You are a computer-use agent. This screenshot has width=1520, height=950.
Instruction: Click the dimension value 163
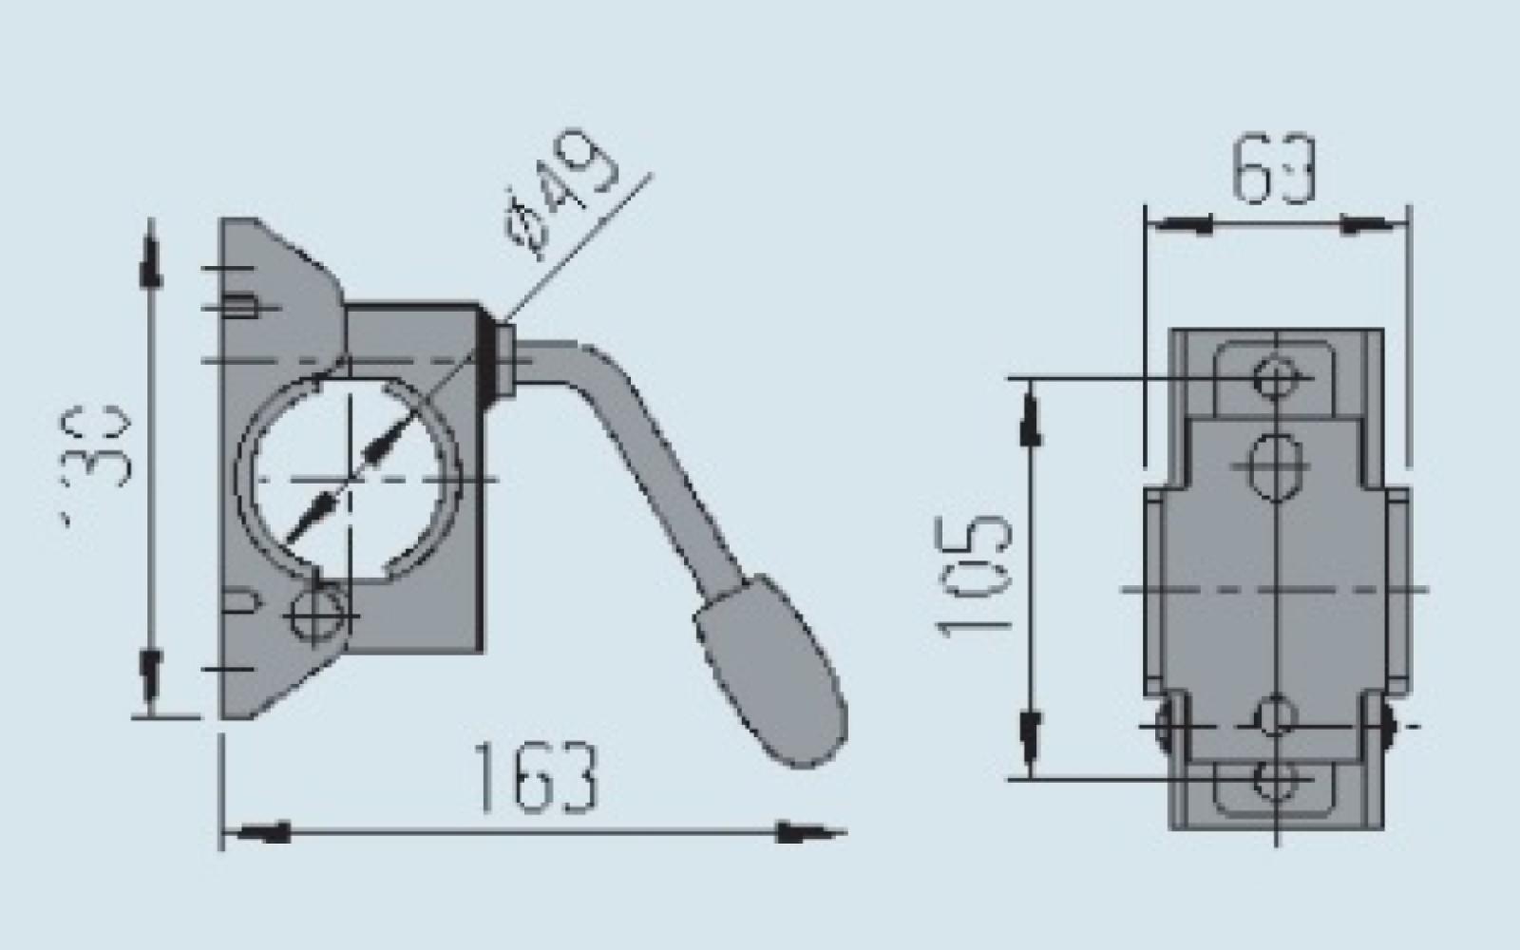coord(536,778)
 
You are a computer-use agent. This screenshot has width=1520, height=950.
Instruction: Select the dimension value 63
coord(1273,171)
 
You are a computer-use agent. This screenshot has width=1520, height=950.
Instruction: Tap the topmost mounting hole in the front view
coord(1273,377)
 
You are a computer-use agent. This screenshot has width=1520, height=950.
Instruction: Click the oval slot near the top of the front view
coord(1273,465)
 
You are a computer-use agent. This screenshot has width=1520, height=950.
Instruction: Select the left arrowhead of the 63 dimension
coord(1178,225)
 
